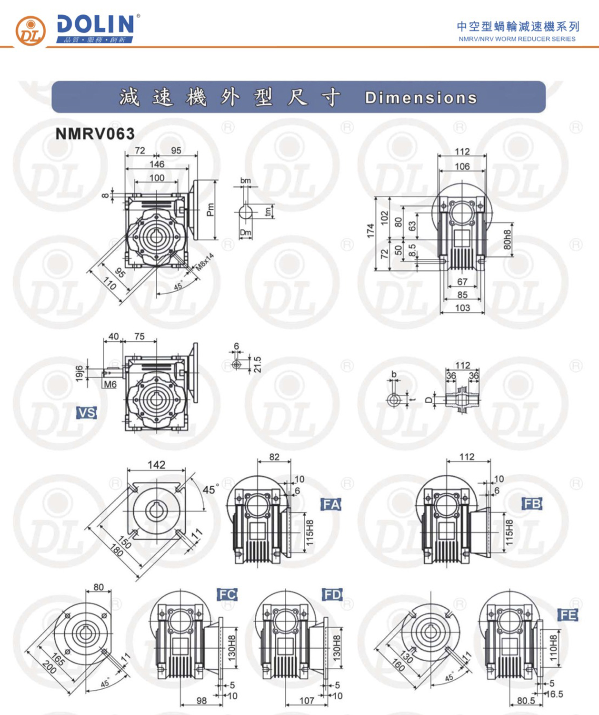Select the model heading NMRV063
click(x=95, y=133)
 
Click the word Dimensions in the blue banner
click(x=421, y=98)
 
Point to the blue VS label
click(x=87, y=413)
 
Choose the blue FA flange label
click(x=331, y=504)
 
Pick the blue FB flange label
click(x=532, y=504)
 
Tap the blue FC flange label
click(x=227, y=594)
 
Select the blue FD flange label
click(x=332, y=594)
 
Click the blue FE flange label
click(x=568, y=615)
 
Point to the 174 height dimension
click(x=370, y=231)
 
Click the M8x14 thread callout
click(x=205, y=262)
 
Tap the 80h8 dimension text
click(x=507, y=239)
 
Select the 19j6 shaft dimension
click(x=80, y=374)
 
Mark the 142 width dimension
click(x=156, y=465)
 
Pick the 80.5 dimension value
click(x=526, y=701)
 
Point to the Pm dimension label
click(x=211, y=210)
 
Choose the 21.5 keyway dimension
click(x=258, y=364)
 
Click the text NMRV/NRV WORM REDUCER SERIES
click(x=517, y=39)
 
